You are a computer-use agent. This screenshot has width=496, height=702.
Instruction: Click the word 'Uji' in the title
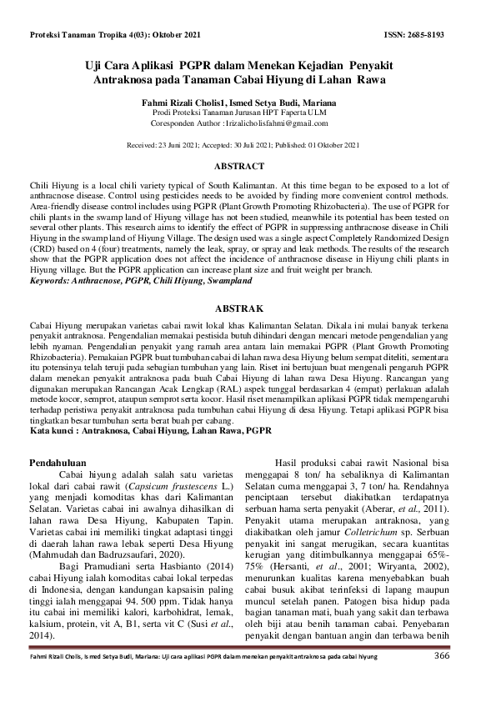[98, 66]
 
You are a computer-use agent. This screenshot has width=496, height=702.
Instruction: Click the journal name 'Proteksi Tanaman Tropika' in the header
[83, 36]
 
